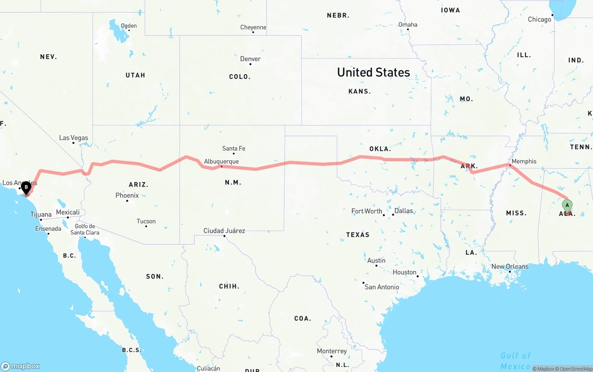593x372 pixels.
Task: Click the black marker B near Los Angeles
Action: (26, 188)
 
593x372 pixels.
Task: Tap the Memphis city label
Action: (524, 161)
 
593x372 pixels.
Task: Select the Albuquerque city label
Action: (221, 162)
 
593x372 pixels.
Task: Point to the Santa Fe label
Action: (233, 149)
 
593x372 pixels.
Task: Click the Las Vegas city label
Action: (73, 138)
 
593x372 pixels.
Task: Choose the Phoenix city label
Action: (127, 195)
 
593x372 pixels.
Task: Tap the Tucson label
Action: (146, 221)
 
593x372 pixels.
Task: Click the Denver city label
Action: (250, 59)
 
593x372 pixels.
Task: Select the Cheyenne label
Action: (253, 27)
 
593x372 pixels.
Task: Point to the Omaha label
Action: (408, 25)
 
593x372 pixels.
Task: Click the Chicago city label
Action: (540, 19)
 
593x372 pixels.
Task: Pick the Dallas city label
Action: (404, 211)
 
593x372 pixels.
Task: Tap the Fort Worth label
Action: (366, 211)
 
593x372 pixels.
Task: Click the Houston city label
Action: (404, 272)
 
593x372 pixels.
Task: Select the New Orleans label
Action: (510, 266)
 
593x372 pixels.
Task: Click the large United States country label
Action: (373, 72)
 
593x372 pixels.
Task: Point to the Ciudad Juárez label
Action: (224, 231)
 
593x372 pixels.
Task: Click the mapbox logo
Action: (20, 366)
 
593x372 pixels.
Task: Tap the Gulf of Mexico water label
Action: (515, 361)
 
